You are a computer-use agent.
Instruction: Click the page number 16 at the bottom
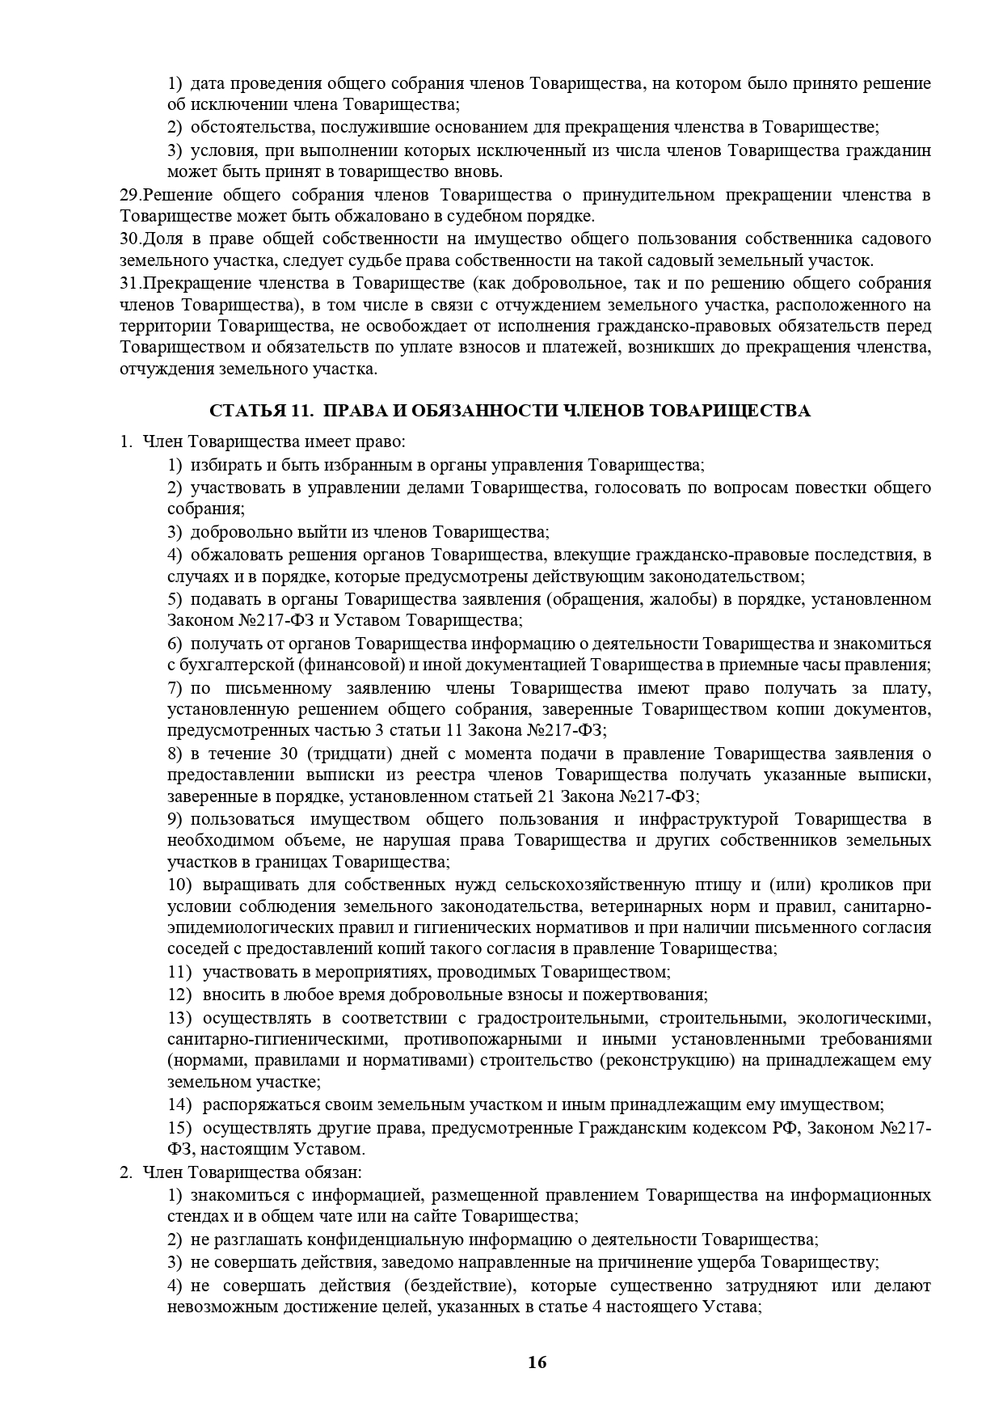pyautogui.click(x=537, y=1362)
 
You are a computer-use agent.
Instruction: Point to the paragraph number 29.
pyautogui.click(x=129, y=195)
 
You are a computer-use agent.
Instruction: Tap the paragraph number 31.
pyautogui.click(x=129, y=283)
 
